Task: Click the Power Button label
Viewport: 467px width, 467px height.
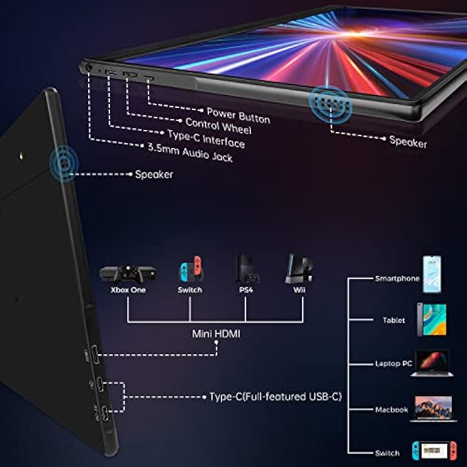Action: (x=238, y=115)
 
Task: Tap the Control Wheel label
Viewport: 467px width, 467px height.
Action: (x=219, y=127)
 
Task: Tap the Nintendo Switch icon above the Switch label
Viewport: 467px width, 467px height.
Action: (x=191, y=269)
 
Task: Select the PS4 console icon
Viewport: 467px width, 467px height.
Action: (x=247, y=269)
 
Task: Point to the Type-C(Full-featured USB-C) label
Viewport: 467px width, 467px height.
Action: (x=275, y=397)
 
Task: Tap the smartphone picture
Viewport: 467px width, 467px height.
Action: (x=431, y=274)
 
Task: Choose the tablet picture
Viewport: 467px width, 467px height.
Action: (x=431, y=320)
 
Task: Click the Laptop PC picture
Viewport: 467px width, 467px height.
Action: (x=431, y=362)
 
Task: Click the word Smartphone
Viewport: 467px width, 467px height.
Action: (x=397, y=279)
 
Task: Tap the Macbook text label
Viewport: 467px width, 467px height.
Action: (x=391, y=410)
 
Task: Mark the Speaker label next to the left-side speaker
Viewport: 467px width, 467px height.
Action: (x=153, y=174)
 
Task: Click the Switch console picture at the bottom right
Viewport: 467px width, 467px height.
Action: (x=431, y=450)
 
